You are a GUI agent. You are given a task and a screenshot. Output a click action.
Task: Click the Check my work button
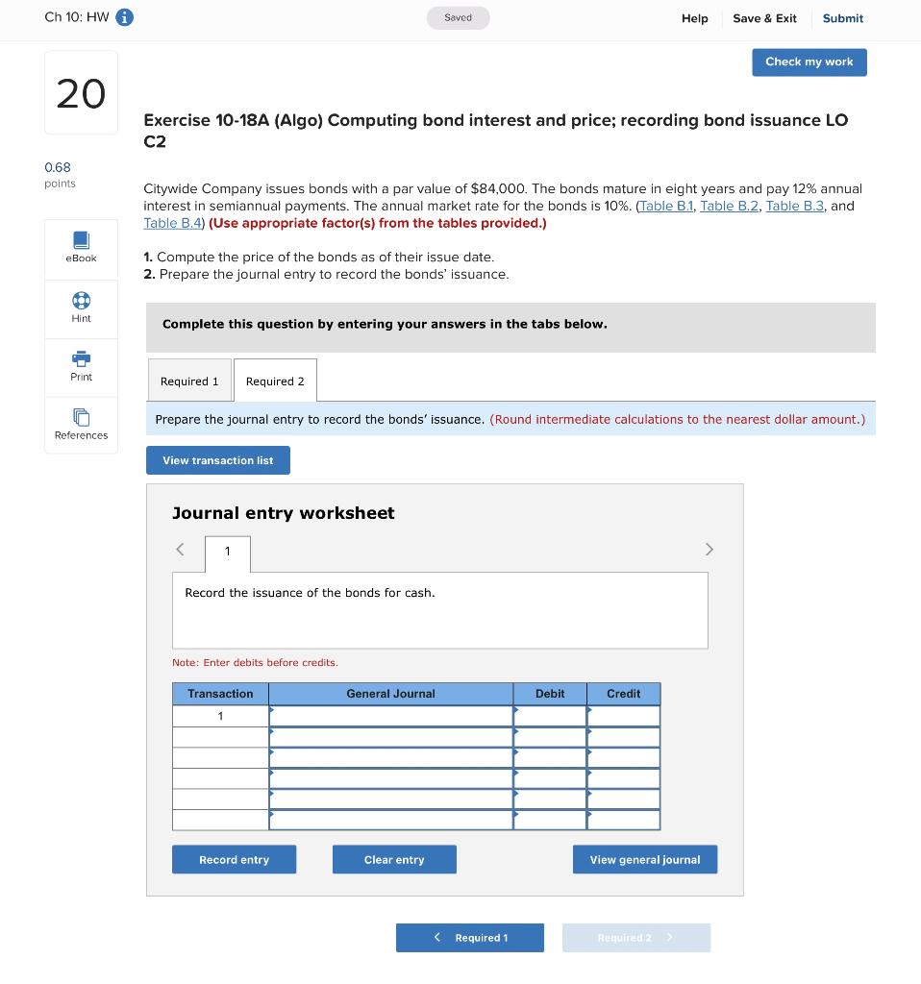coord(809,62)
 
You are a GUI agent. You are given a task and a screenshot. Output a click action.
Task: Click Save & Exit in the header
coord(764,18)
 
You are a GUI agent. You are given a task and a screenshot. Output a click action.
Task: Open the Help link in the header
coord(694,18)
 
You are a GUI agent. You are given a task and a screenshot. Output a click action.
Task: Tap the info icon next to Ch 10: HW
coord(125,17)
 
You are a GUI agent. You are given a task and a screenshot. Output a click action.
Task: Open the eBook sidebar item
coord(81,247)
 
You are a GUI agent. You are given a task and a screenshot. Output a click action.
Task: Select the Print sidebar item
coord(81,366)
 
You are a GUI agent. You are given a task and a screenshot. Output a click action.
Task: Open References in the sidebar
coord(81,425)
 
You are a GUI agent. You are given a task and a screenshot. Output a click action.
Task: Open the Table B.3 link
coord(794,206)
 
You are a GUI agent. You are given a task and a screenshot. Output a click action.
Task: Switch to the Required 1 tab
coord(189,381)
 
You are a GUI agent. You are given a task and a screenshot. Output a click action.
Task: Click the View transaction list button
coord(218,460)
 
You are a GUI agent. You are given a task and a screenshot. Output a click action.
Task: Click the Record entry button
coord(234,859)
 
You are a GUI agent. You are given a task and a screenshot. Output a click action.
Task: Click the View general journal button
coord(645,859)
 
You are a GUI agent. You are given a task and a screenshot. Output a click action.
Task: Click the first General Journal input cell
coord(391,716)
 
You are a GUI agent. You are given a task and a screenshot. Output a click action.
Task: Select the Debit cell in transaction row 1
coord(550,716)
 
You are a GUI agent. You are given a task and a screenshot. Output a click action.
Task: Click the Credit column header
coord(623,694)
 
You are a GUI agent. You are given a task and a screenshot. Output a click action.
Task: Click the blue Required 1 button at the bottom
coord(470,938)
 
